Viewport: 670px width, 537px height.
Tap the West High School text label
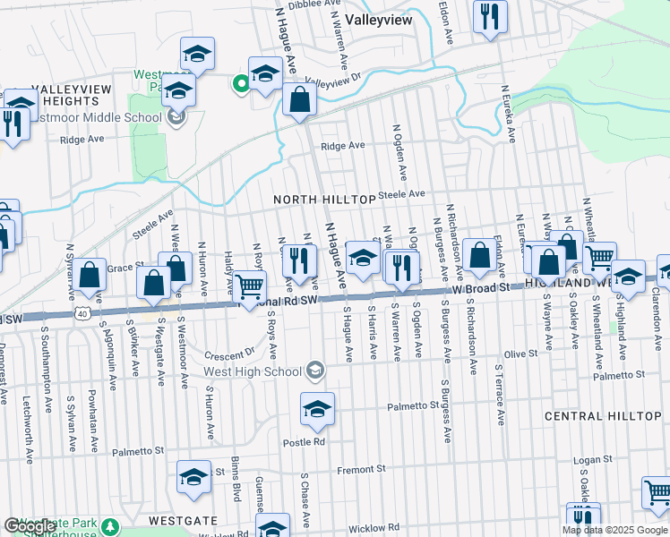pos(253,371)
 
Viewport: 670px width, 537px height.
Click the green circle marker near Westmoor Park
pos(240,85)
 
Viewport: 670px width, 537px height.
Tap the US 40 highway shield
pos(82,314)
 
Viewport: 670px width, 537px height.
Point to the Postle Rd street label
pos(305,442)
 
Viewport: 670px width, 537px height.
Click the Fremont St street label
pos(361,468)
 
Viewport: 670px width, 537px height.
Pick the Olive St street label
pos(520,354)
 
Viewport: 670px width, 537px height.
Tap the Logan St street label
pos(591,460)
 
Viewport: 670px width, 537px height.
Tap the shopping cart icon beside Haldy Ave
pos(251,286)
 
